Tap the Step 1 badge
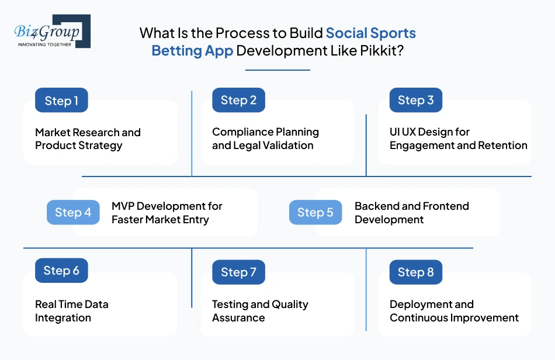click(61, 101)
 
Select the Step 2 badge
click(238, 101)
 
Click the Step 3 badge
click(415, 101)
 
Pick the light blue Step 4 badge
click(73, 213)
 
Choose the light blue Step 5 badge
click(315, 213)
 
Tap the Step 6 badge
click(61, 271)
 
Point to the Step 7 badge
click(238, 272)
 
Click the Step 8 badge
click(415, 272)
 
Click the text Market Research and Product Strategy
click(88, 139)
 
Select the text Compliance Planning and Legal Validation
click(265, 139)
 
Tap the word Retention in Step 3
click(502, 146)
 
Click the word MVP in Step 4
click(123, 206)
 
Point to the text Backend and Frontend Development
click(411, 213)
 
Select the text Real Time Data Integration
click(71, 311)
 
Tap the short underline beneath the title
click(277, 70)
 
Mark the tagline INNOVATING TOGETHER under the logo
click(44, 44)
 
